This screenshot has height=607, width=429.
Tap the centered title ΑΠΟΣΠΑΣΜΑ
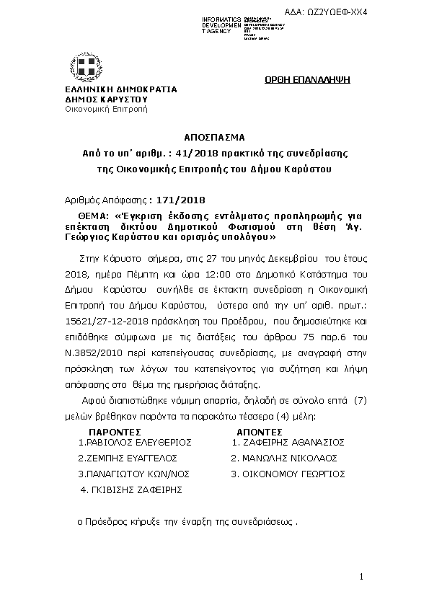[x=214, y=137]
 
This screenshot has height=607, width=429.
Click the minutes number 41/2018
[x=205, y=154]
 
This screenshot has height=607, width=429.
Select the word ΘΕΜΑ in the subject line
[x=93, y=216]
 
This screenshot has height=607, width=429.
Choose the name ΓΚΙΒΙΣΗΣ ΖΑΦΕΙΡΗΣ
[x=133, y=489]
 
